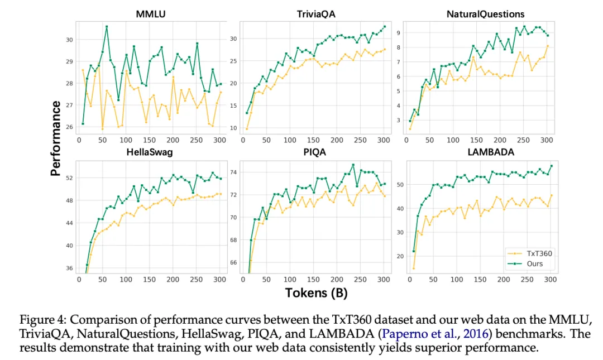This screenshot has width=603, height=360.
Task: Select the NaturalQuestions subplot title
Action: (x=485, y=13)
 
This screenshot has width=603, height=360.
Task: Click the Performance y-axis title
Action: (x=55, y=139)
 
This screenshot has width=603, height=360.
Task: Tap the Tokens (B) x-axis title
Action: (x=316, y=292)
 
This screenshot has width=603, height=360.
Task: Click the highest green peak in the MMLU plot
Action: (x=107, y=26)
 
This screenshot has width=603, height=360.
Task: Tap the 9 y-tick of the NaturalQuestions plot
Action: (x=398, y=33)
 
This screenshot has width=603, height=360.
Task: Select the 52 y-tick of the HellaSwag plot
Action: (x=70, y=178)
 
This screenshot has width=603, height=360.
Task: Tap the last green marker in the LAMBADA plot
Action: (x=551, y=166)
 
